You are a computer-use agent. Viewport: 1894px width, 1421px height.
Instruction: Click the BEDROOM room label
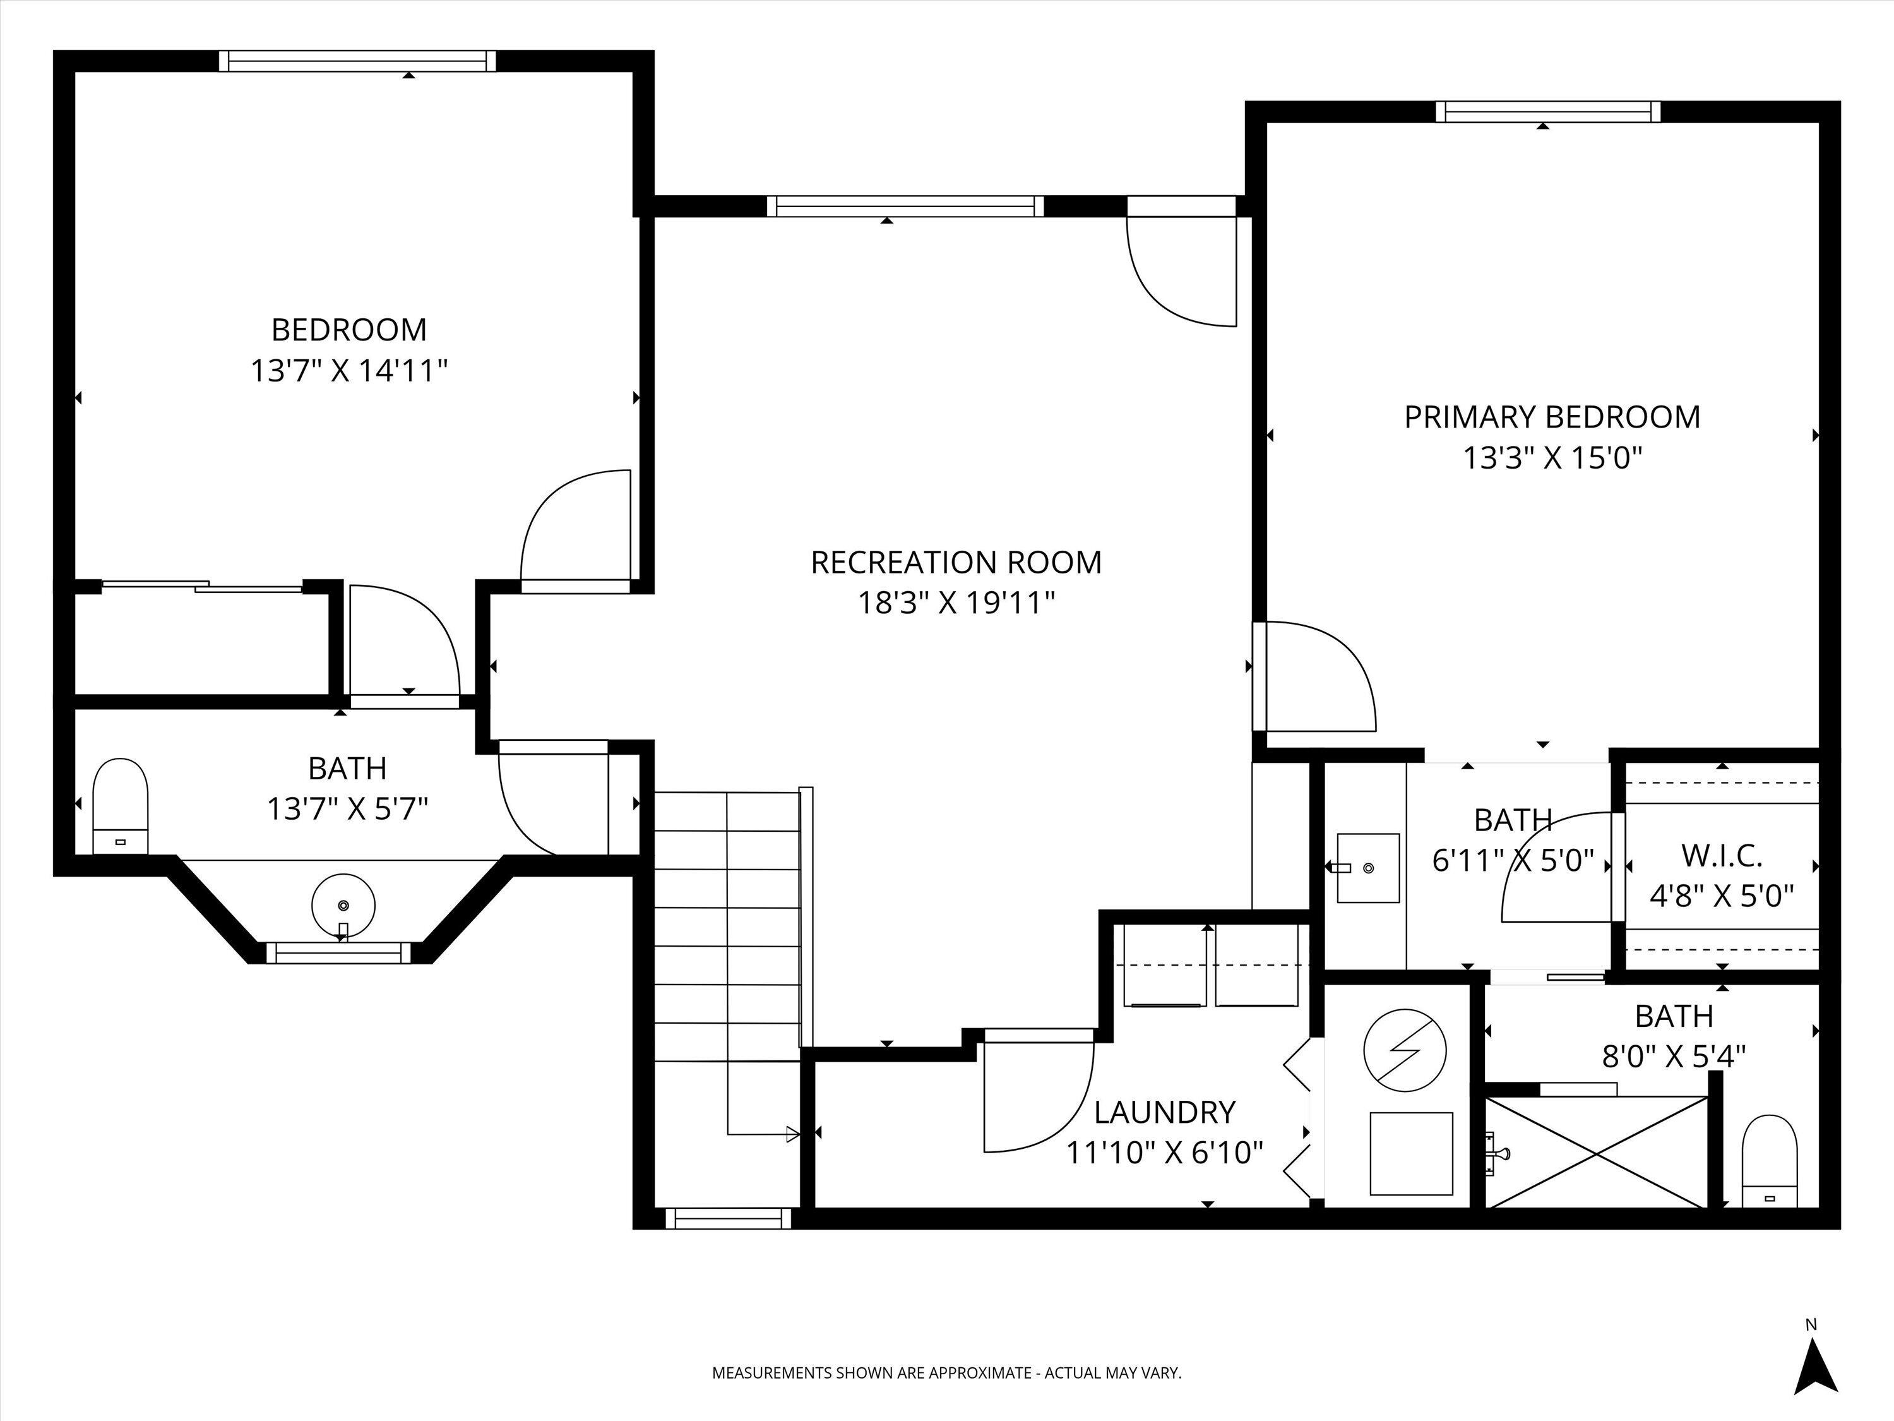348,330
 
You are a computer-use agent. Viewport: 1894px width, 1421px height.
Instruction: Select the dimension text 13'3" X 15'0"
1552,459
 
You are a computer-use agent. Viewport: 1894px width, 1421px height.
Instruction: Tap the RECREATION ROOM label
956,563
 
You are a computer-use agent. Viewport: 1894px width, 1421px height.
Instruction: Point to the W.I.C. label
1721,855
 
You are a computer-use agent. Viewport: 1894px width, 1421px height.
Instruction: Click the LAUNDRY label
1164,1112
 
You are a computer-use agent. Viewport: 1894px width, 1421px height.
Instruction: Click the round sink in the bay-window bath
343,906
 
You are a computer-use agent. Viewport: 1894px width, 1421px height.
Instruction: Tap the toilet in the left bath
120,805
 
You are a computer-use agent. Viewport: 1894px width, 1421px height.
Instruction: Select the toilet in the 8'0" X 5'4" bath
1770,1161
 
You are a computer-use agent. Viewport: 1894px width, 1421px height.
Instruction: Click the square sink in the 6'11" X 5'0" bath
1368,868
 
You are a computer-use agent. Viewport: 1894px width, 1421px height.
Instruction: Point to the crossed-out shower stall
1597,1152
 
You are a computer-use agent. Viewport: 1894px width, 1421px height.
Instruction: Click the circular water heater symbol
1406,1050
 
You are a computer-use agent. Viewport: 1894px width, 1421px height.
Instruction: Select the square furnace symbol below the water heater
1411,1153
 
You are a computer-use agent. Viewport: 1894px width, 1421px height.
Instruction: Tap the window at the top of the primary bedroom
1547,111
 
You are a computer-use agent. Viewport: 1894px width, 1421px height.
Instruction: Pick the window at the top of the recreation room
905,205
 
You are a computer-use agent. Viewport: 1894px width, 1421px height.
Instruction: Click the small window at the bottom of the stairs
728,1218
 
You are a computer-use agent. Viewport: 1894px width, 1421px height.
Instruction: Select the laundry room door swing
1036,1092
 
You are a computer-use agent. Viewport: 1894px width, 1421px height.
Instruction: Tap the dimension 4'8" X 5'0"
1721,896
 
